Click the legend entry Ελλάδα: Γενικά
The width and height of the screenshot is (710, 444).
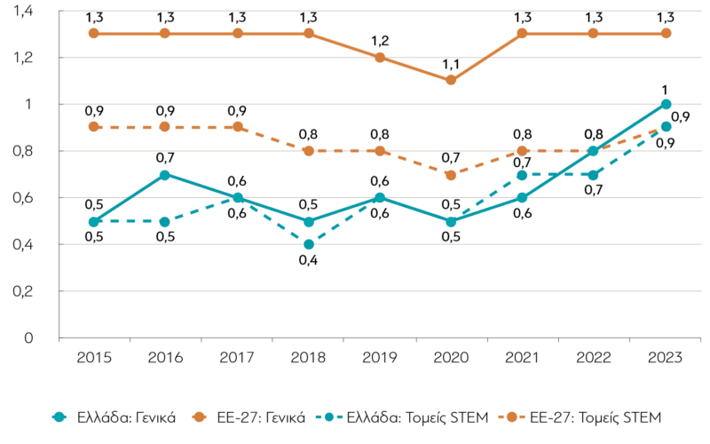[x=114, y=417]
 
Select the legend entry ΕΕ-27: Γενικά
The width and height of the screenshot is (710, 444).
[x=248, y=417]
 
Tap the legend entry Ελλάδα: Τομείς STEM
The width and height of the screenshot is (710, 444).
[x=402, y=417]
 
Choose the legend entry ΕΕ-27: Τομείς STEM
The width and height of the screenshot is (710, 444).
[x=580, y=417]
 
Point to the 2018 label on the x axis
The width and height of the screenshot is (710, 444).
[x=308, y=358]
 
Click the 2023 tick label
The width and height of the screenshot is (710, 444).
[x=665, y=358]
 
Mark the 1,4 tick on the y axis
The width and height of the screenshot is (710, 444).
[x=23, y=11]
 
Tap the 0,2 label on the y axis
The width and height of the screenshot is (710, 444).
[x=23, y=291]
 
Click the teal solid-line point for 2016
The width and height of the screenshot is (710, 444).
[x=165, y=175]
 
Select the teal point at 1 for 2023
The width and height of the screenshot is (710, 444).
[x=666, y=104]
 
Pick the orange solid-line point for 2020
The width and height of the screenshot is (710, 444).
[x=451, y=80]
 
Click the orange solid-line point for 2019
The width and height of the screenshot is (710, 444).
[x=380, y=58]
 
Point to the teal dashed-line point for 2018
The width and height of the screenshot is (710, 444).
[x=309, y=245]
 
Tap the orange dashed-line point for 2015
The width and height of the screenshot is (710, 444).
[x=94, y=127]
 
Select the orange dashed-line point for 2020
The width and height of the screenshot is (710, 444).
[x=451, y=175]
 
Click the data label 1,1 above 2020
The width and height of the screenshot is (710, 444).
[x=451, y=64]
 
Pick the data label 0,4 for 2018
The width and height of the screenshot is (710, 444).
[x=308, y=260]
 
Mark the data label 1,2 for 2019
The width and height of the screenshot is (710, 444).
[x=380, y=41]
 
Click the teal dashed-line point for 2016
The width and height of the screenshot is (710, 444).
[x=165, y=222]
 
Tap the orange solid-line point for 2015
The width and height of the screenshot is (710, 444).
[x=94, y=33]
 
